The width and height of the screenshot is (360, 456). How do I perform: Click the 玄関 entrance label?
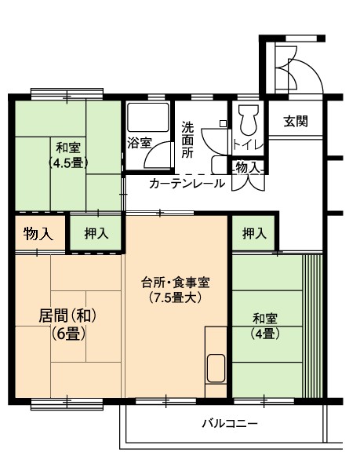296,122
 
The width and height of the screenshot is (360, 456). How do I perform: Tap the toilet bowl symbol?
249,120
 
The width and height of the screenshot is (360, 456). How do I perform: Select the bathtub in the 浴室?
148,117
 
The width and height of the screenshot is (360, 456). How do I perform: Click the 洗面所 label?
187,140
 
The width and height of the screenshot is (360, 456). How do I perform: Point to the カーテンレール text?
187,183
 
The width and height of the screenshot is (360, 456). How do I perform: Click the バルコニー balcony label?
230,423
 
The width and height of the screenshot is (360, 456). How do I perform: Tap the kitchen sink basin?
216,368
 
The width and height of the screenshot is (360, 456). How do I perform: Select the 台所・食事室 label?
176,283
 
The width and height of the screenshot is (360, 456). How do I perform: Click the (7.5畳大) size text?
176,297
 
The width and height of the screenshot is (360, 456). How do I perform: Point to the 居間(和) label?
67,316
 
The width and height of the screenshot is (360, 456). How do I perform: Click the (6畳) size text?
68,334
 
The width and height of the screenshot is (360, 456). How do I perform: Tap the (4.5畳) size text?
68,163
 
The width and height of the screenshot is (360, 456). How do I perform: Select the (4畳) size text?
265,334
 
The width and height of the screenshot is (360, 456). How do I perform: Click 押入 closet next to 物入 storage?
96,233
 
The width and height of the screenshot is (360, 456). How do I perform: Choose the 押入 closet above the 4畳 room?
254,233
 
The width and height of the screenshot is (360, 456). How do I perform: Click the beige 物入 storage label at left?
38,234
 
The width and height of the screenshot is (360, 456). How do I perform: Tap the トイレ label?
248,144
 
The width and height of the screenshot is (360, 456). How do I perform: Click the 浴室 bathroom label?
140,143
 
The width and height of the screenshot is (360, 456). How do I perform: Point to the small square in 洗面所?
223,123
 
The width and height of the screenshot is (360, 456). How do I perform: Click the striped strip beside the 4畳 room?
313,326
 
